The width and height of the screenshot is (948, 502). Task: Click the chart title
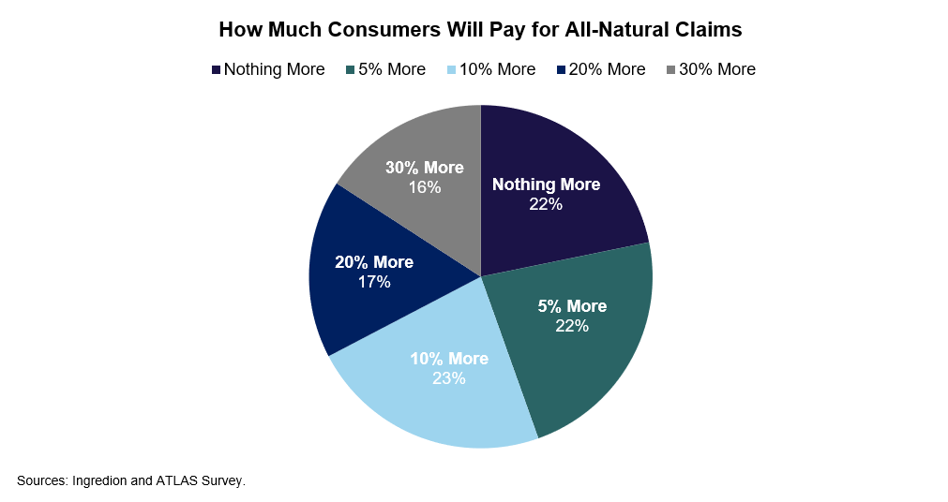pyautogui.click(x=480, y=29)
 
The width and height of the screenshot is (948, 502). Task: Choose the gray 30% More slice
pyautogui.click(x=413, y=140)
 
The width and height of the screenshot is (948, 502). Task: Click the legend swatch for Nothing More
pyautogui.click(x=217, y=69)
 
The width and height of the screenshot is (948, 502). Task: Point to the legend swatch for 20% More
pyautogui.click(x=561, y=69)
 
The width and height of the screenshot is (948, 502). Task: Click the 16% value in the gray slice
pyautogui.click(x=425, y=186)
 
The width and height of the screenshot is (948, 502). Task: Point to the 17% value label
pyautogui.click(x=373, y=281)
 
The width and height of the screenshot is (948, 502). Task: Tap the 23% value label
pyautogui.click(x=449, y=378)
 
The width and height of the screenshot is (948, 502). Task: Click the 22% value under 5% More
pyautogui.click(x=571, y=326)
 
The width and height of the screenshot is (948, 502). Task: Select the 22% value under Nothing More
pyautogui.click(x=546, y=203)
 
